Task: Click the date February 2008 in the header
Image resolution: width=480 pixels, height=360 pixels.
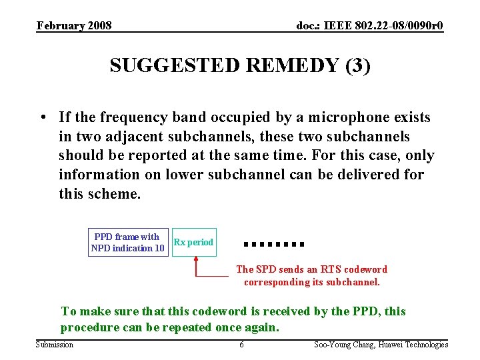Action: coord(74,26)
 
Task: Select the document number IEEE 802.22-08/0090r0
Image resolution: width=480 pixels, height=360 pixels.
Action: coord(370,26)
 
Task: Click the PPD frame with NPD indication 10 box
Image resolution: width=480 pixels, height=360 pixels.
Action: coord(127,243)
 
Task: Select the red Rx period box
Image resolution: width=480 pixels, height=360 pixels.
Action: coord(193,243)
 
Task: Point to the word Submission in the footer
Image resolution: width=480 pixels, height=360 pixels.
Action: coord(55,345)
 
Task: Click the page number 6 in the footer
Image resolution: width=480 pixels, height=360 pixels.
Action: coord(241,345)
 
